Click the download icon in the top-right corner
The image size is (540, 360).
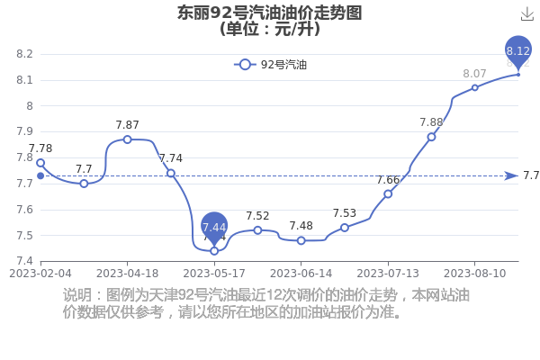click(526, 14)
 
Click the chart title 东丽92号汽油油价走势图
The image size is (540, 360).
click(270, 13)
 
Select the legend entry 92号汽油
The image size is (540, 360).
click(270, 65)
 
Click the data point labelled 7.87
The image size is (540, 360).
click(128, 139)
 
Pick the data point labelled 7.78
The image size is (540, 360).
click(40, 163)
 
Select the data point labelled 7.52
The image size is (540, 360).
click(257, 230)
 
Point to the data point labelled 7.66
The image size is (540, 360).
click(388, 194)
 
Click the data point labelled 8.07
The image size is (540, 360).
click(475, 88)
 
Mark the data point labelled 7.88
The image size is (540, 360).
click(431, 137)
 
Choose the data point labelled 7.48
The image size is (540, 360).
click(301, 240)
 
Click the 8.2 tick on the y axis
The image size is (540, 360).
click(24, 54)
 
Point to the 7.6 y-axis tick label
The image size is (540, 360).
click(24, 210)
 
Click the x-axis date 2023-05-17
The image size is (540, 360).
click(214, 274)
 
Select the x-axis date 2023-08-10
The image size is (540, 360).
click(475, 274)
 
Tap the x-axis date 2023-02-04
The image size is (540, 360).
click(40, 274)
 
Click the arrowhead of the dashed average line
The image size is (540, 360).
click(511, 176)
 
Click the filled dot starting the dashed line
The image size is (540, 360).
click(40, 176)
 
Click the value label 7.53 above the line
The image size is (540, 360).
click(345, 213)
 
